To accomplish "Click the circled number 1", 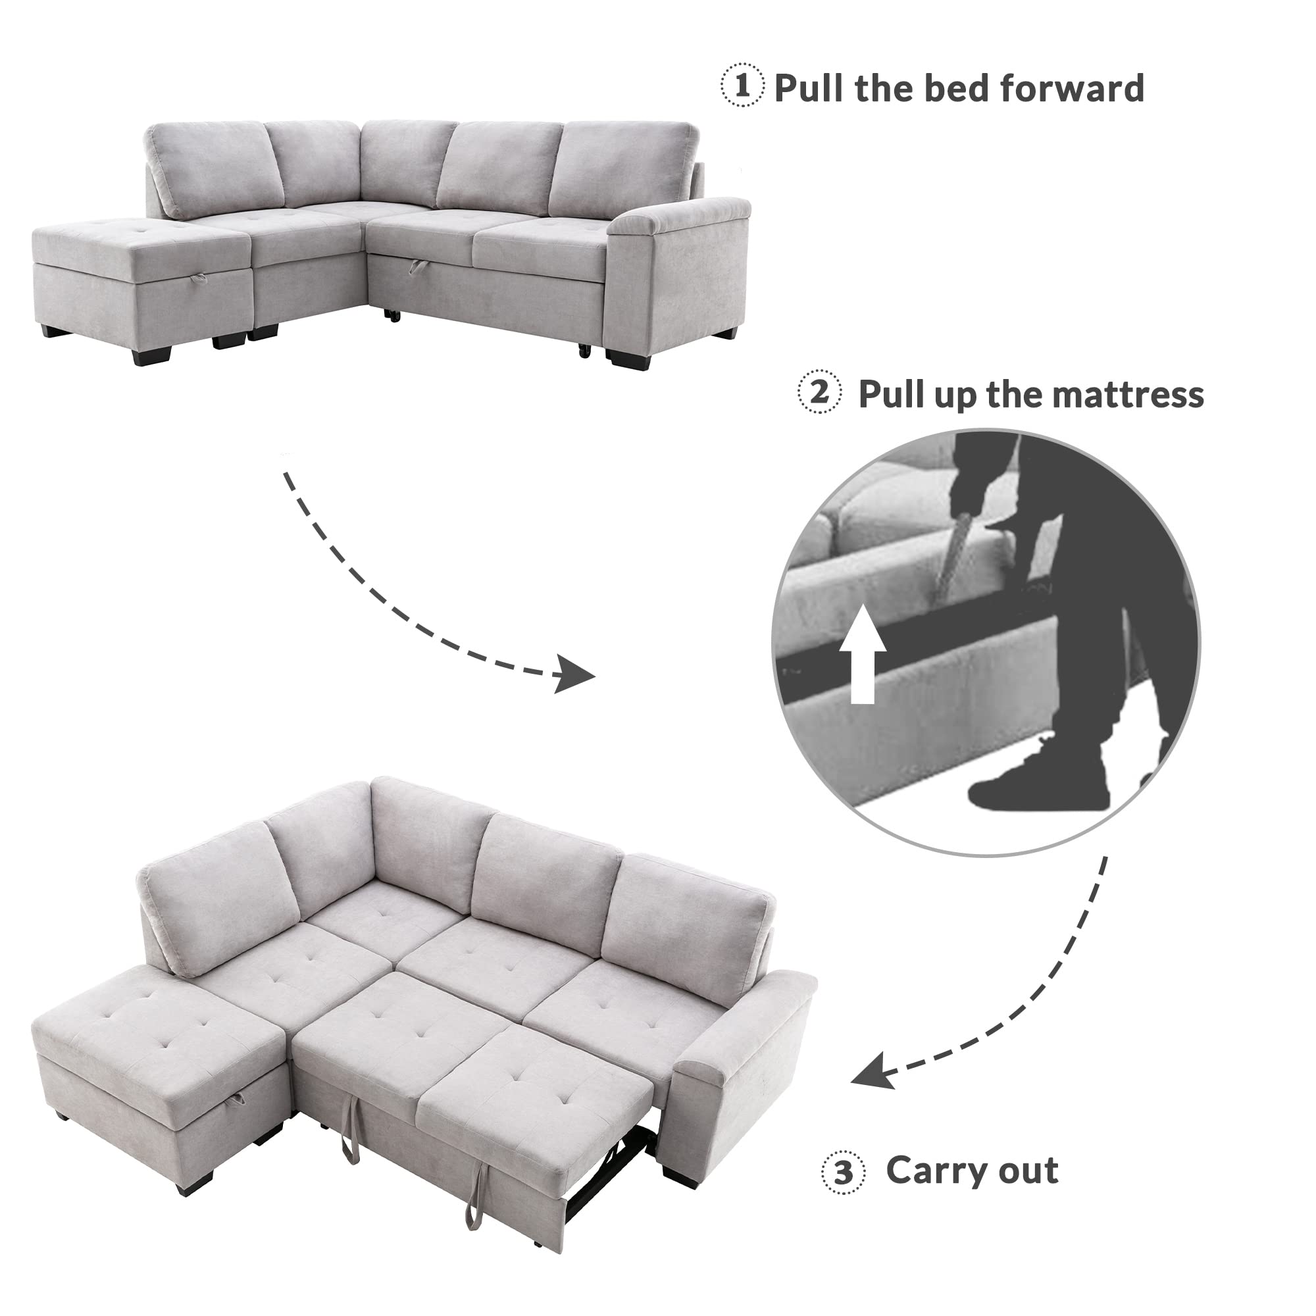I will [742, 86].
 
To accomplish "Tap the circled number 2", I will [819, 392].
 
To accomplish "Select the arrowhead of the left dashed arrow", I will [574, 676].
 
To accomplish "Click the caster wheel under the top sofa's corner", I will [392, 315].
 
